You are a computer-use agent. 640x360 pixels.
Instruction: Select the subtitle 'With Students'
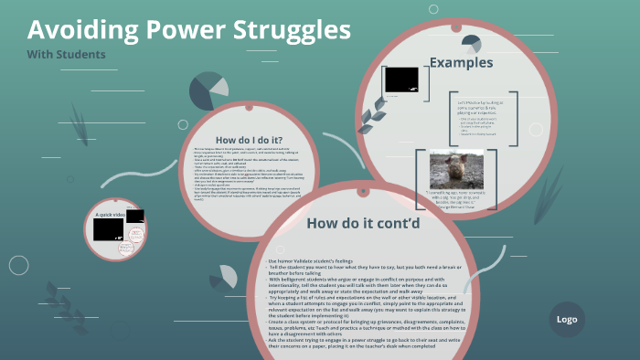66,54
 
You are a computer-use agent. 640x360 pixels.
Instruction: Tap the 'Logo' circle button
566,319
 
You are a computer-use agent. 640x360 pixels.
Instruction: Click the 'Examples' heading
461,63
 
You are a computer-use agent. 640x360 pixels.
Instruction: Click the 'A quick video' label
111,214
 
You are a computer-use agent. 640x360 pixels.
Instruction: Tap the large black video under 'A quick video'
108,229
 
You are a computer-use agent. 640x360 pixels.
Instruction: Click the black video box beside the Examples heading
401,79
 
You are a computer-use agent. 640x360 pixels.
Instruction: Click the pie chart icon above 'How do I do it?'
208,90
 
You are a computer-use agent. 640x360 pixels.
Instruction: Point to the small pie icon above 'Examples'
472,42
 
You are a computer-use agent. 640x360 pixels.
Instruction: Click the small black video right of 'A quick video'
135,217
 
